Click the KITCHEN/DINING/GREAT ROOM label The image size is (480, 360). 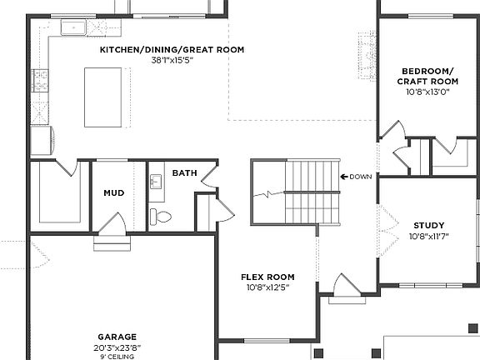pos(172,50)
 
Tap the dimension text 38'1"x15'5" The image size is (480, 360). pos(172,60)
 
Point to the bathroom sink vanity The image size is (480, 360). pos(156,182)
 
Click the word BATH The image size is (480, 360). pos(184,173)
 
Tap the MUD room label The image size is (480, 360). pos(113,192)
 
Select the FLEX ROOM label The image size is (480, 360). pos(267,277)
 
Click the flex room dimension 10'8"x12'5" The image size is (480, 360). pos(267,287)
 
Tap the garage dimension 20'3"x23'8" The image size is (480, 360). pos(117,347)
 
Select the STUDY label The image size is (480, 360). pos(428,225)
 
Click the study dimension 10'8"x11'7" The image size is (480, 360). pos(428,236)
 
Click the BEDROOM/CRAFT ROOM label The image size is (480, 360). pos(429,76)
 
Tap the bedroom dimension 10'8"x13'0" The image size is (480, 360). pos(429,92)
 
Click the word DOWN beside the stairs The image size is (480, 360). pos(361,176)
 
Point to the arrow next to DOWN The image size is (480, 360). pos(344,176)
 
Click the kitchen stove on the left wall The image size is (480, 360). pos(39,81)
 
